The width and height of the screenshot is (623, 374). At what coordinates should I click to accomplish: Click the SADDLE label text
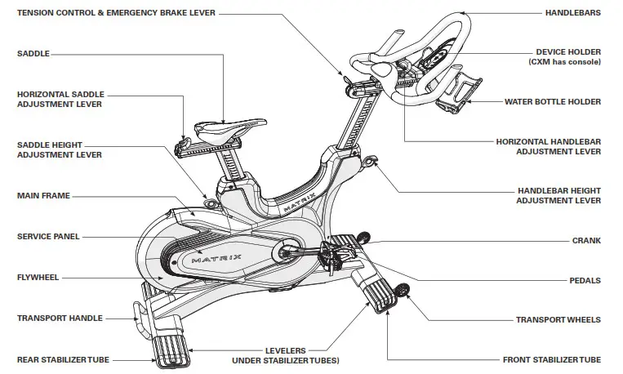[x=33, y=53]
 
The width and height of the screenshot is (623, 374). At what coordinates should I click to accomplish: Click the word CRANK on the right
[x=586, y=241]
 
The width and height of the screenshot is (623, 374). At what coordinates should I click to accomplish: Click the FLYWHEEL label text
[x=38, y=278]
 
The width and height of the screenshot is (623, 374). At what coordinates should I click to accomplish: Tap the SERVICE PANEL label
[x=47, y=237]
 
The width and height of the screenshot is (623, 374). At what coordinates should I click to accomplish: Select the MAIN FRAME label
[x=43, y=196]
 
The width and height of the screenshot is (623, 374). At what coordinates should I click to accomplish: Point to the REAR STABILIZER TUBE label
[x=63, y=359]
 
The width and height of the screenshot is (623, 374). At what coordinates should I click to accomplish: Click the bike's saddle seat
[x=221, y=129]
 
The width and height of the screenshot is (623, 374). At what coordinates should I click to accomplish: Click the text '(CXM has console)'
[x=565, y=62]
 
